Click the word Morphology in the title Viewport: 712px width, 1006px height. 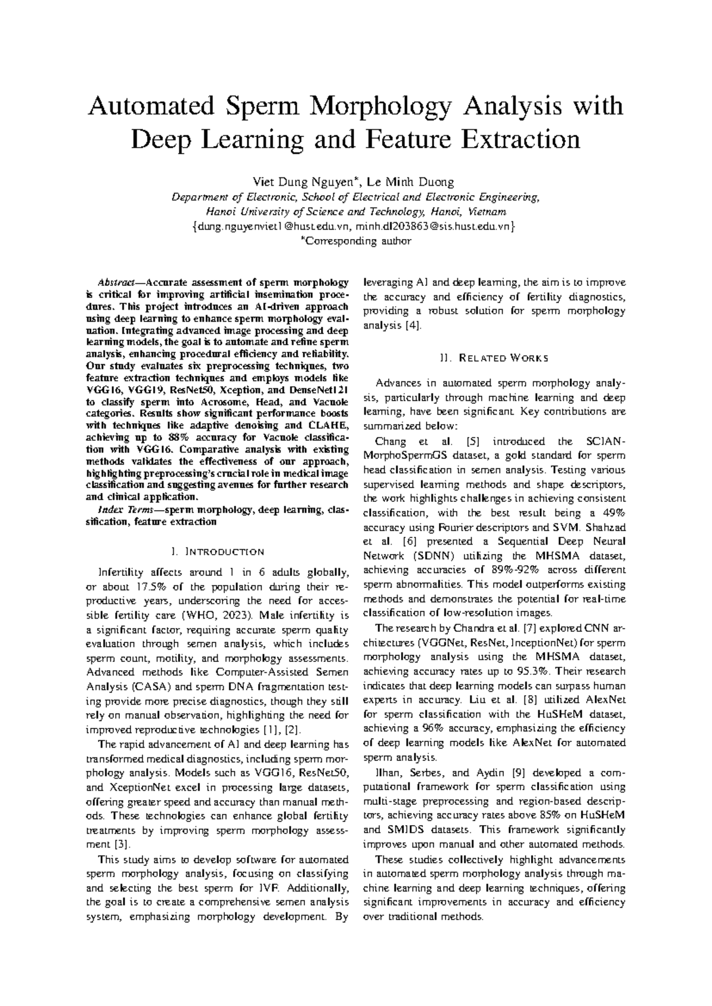click(389, 106)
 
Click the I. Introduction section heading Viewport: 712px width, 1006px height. click(217, 552)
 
